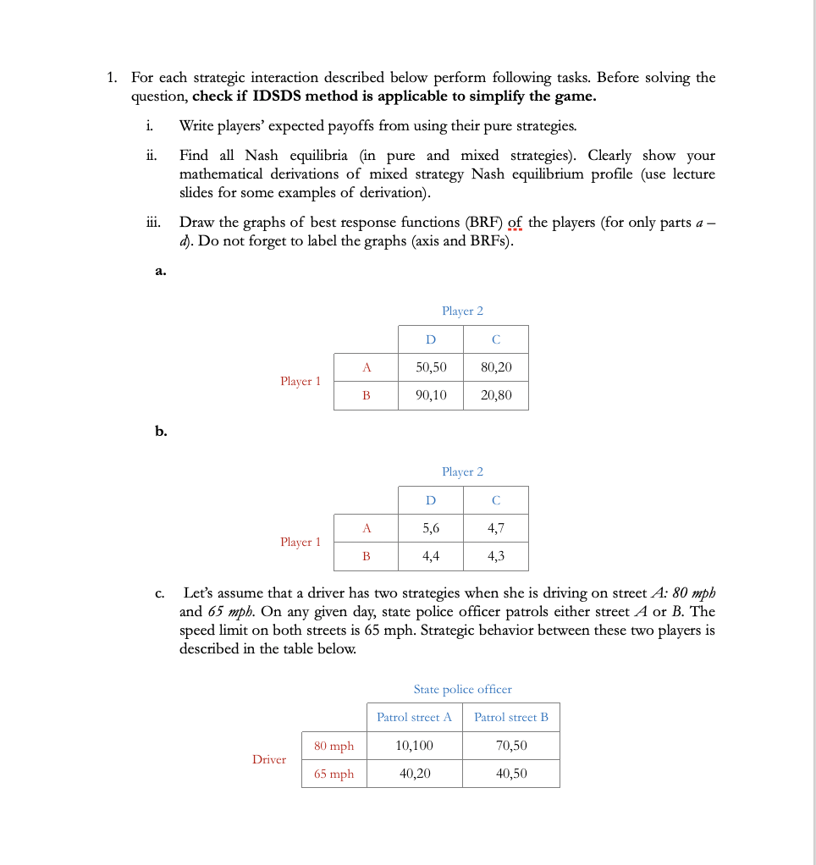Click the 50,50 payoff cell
[x=431, y=367]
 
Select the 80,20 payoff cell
[x=496, y=367]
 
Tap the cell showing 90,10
[x=431, y=395]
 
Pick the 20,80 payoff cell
[x=496, y=395]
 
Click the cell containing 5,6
[x=431, y=528]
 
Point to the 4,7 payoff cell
[x=496, y=528]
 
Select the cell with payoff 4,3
[x=496, y=556]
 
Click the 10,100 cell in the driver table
[x=414, y=746]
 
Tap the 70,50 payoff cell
[x=511, y=746]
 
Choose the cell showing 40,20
[x=414, y=774]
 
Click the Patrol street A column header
[x=414, y=717]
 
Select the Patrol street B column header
[x=511, y=717]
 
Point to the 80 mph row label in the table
[x=334, y=746]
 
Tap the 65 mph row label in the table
[x=334, y=774]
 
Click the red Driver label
[x=269, y=759]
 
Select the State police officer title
[x=462, y=690]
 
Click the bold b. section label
[x=161, y=432]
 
